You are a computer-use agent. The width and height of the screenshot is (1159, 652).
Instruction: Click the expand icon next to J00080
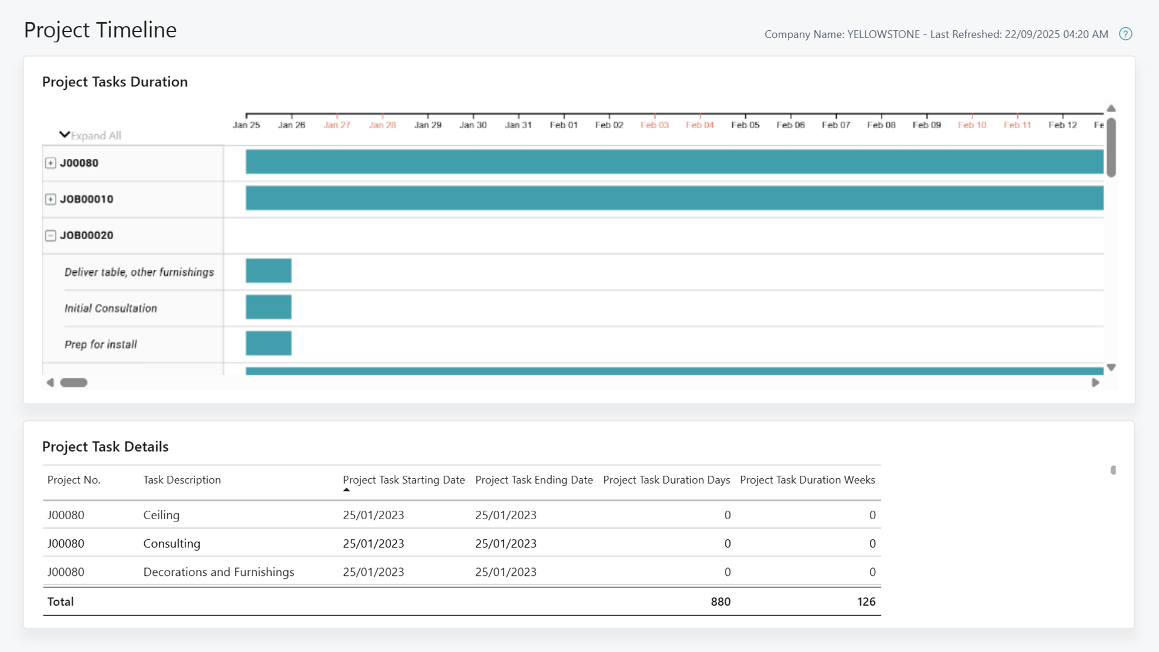51,163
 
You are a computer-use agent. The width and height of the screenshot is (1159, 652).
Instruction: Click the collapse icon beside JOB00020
51,235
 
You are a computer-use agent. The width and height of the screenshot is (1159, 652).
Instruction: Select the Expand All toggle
91,135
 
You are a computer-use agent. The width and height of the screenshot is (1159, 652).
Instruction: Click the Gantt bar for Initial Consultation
269,307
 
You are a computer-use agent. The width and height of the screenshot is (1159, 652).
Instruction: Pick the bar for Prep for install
269,343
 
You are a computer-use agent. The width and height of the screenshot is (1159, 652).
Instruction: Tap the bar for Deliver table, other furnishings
269,270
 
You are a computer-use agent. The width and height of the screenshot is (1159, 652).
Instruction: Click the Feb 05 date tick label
745,125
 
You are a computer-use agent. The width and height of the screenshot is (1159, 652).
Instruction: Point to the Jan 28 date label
382,125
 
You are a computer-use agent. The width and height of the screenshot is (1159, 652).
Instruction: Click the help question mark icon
1125,34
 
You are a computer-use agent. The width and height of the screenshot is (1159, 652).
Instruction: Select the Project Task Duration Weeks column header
807,480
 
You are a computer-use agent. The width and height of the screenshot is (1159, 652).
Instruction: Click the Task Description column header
182,480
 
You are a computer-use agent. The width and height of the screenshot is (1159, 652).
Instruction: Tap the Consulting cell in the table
171,543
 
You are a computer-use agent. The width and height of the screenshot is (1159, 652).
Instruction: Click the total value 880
720,601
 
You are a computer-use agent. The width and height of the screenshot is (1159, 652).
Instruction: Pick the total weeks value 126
866,601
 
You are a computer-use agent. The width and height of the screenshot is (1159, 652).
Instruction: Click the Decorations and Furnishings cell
219,572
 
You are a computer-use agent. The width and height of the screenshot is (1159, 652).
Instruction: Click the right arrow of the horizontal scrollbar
1095,383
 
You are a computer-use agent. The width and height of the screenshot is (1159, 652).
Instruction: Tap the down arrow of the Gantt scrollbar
1111,367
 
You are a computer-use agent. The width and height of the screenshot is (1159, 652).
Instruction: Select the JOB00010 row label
86,199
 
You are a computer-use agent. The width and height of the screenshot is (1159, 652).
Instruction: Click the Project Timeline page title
100,30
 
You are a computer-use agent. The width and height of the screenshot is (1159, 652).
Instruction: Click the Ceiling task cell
161,515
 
